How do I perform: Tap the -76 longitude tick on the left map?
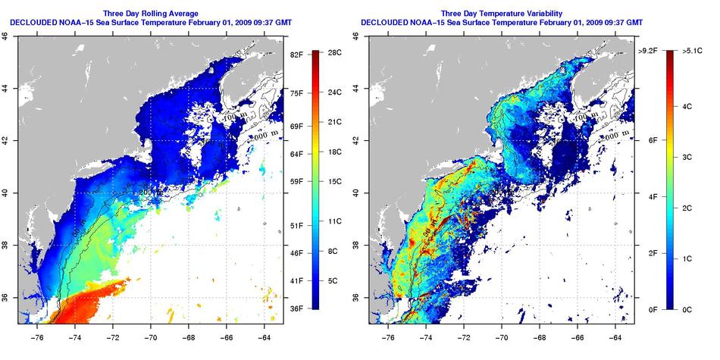tap(37, 331)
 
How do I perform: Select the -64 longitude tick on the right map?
tap(617, 331)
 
